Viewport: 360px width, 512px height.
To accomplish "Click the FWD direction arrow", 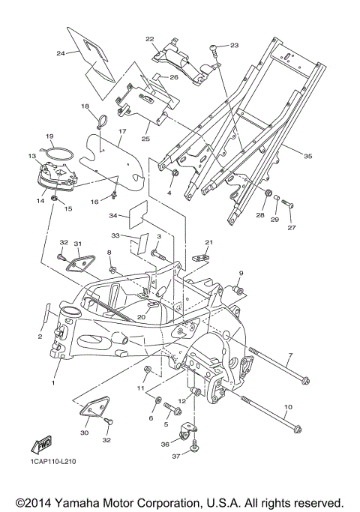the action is (x=41, y=446).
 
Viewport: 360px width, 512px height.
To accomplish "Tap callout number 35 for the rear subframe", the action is (x=307, y=156).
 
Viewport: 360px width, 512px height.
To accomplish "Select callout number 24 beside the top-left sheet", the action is (x=61, y=53).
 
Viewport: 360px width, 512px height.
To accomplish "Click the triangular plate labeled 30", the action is (x=94, y=406).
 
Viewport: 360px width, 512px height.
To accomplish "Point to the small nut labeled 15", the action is (x=55, y=199).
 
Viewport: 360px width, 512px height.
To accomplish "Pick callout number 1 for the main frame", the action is (x=53, y=382).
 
